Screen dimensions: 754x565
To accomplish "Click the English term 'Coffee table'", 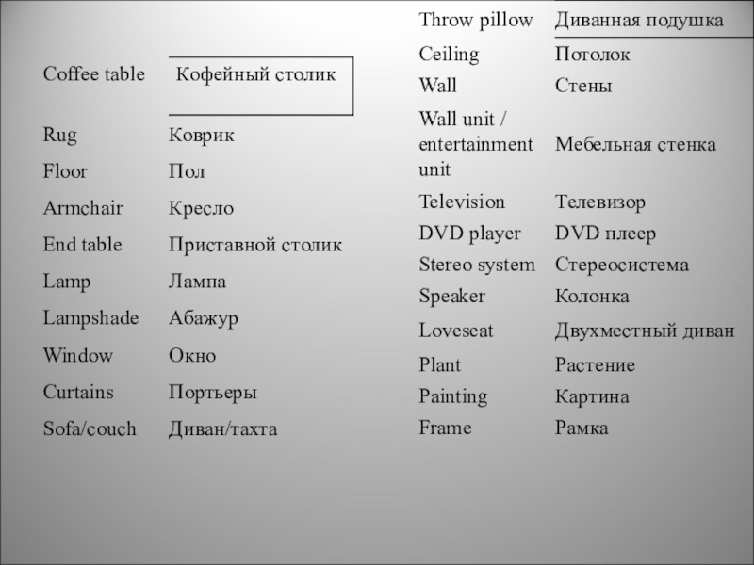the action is click(93, 74).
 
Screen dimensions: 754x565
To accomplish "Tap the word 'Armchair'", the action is click(83, 208).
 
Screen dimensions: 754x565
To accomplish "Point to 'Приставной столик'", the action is click(254, 245).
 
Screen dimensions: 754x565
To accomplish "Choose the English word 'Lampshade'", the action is click(90, 318).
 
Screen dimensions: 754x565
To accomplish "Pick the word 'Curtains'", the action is click(78, 392).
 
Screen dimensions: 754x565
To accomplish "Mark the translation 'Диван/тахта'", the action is click(222, 429).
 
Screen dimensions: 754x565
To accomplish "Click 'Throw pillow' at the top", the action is click(476, 20).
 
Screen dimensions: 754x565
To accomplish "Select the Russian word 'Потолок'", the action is click(593, 55).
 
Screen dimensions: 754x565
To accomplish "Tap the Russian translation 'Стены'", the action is click(583, 87).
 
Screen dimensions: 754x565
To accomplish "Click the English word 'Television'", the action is click(462, 202).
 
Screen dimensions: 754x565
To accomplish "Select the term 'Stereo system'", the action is click(476, 265).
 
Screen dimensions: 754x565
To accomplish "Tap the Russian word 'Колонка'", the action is click(592, 297).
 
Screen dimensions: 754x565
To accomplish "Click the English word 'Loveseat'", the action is click(456, 331).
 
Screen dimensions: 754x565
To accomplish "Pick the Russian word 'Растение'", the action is click(595, 364).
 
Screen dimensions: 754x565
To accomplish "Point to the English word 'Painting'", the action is click(453, 396).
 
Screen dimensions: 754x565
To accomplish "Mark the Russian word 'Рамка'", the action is click(582, 428).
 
